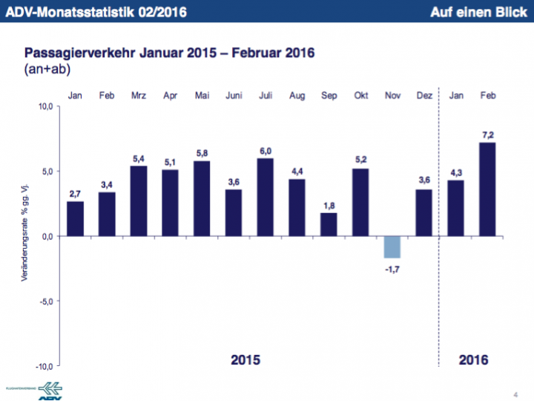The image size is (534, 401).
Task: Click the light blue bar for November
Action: point(392,247)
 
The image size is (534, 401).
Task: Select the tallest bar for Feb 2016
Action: point(487,189)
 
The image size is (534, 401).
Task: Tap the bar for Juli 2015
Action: point(266,198)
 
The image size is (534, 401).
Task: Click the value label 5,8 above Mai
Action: point(202,153)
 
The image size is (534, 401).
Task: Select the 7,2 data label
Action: point(487,134)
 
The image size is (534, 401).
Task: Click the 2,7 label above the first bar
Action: point(75,193)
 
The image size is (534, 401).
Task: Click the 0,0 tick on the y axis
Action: point(45,237)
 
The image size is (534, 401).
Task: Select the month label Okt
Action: point(361,95)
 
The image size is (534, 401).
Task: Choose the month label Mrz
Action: point(138,95)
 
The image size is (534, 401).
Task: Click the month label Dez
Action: point(424,95)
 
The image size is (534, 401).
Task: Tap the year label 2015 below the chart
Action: point(245,360)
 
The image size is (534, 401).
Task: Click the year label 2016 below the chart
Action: point(473,360)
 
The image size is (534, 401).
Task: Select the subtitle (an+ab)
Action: point(44,68)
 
